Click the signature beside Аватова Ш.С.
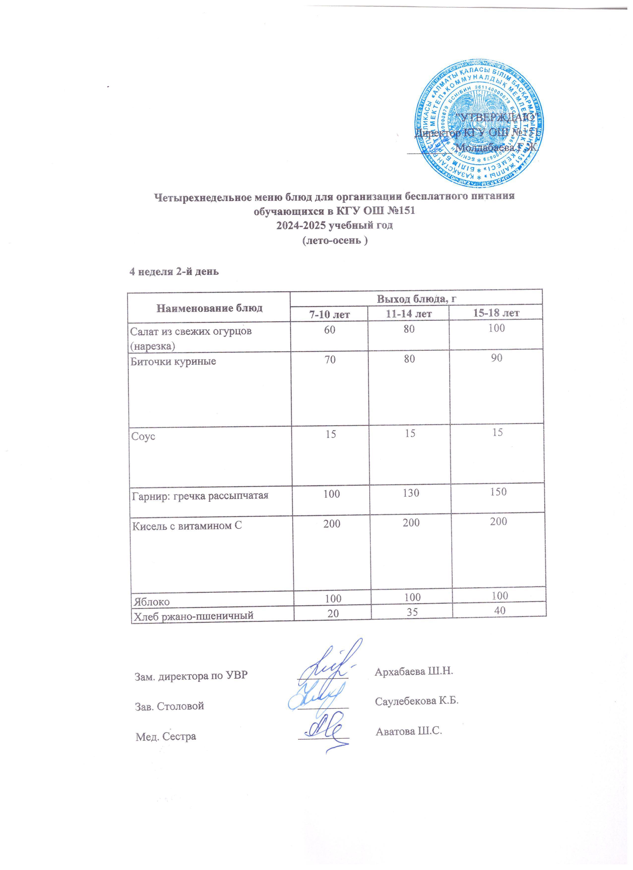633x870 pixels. (x=325, y=728)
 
